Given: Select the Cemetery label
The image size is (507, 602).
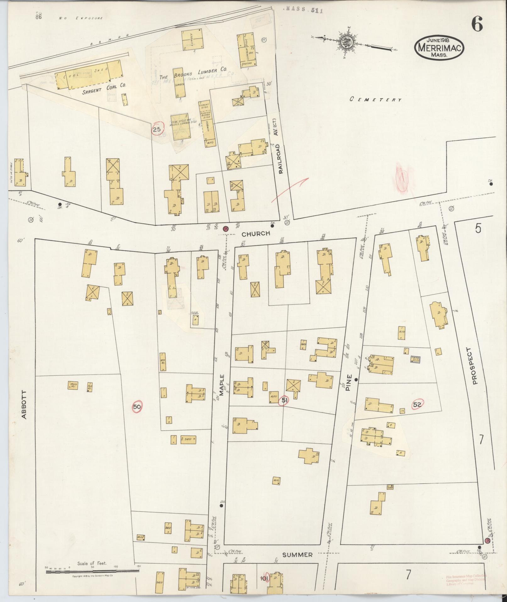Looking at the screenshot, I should pyautogui.click(x=376, y=99).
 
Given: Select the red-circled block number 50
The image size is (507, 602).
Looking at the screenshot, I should pyautogui.click(x=137, y=407).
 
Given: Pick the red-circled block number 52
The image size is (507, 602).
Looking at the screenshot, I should pyautogui.click(x=417, y=405).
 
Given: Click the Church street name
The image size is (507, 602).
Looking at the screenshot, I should pyautogui.click(x=256, y=233).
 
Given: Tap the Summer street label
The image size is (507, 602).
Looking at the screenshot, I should pyautogui.click(x=297, y=555).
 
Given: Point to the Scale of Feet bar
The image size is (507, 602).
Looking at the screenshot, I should pyautogui.click(x=92, y=571).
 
